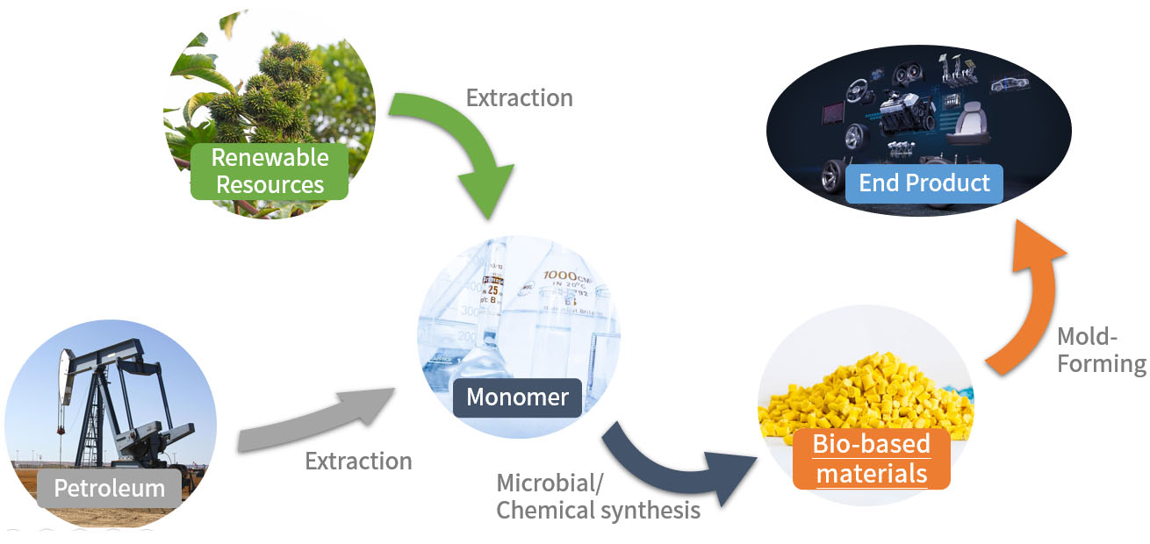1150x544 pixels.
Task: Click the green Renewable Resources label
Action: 270,171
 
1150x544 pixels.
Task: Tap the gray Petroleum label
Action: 110,488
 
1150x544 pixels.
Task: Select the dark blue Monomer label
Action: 518,397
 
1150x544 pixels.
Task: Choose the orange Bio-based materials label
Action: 871,459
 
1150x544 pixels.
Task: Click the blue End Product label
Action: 924,183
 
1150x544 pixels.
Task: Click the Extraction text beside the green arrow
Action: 519,98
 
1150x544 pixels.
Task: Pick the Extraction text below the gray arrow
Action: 358,461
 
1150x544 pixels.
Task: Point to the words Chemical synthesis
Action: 598,511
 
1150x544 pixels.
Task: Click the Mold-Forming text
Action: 1101,350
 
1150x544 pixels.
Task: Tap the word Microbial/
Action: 550,483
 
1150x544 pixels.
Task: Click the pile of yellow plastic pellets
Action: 866,395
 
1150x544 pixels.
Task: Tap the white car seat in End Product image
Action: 968,123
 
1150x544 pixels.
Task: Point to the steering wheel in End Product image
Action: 859,90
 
